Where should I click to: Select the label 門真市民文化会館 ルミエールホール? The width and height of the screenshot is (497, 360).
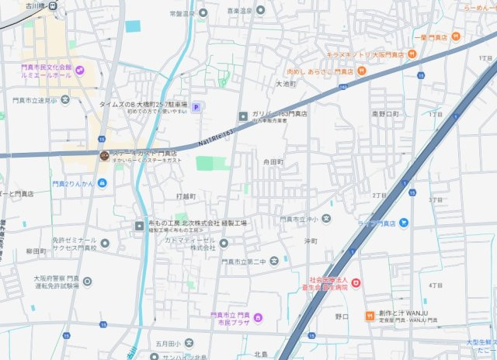pos(46,72)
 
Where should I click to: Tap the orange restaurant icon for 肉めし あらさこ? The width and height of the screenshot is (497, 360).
pos(363,71)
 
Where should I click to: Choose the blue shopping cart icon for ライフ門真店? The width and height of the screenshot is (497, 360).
pos(404,223)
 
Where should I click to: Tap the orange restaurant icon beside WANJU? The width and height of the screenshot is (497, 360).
pos(370,315)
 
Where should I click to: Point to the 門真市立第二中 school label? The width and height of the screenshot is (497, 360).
pos(243,262)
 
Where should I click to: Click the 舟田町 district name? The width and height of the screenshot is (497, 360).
pos(273,162)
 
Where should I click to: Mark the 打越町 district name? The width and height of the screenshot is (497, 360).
pos(186,196)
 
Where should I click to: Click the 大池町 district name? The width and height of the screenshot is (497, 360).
pos(286,84)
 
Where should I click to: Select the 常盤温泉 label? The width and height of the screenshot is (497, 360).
pos(180,13)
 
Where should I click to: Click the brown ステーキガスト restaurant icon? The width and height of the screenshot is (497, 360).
pos(103,156)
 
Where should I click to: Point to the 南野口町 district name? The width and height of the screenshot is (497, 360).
pos(386,113)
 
